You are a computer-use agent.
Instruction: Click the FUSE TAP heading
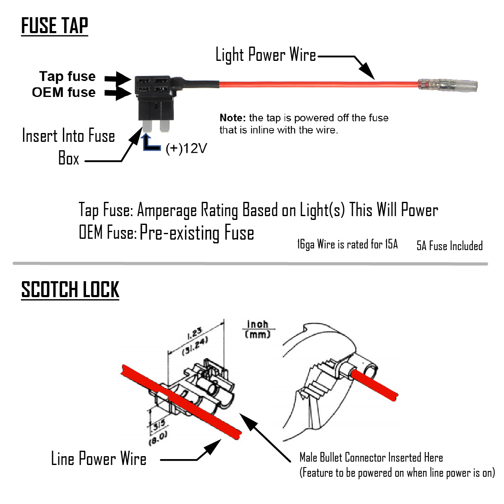(x=55, y=26)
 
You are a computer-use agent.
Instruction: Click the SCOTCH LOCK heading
(x=70, y=290)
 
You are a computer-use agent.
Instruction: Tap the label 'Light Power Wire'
(x=266, y=55)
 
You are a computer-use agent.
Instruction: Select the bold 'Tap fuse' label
(x=68, y=76)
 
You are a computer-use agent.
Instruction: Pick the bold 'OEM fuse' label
(x=64, y=92)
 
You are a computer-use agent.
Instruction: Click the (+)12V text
(x=186, y=148)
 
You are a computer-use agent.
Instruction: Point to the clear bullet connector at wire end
(x=449, y=85)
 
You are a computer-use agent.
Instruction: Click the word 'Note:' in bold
(x=232, y=118)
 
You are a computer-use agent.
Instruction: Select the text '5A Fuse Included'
(x=449, y=246)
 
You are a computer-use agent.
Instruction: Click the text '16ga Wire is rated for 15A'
(x=347, y=244)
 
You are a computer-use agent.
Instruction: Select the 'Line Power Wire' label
(x=99, y=459)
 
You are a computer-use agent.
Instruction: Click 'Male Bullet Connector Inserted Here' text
(x=371, y=457)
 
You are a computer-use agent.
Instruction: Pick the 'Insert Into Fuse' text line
(x=68, y=136)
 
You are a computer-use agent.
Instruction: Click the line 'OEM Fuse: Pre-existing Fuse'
(x=167, y=232)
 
